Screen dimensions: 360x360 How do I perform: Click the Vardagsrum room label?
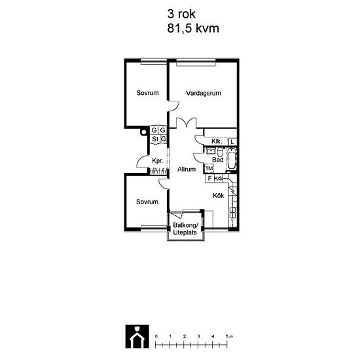coord(204,93)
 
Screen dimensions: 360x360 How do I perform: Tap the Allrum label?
coord(187,170)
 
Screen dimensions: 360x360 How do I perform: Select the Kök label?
coord(219,196)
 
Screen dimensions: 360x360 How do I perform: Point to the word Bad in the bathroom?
coord(218,160)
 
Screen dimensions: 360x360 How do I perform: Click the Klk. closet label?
coord(217,141)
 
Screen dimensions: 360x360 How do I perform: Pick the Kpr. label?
coord(158,161)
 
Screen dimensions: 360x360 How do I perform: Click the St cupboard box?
coord(155,139)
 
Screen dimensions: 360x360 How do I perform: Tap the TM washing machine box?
coord(209,168)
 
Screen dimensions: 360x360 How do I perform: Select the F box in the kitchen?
coord(209,179)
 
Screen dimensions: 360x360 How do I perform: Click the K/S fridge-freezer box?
coord(218,179)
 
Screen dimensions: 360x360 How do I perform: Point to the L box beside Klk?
coord(232,142)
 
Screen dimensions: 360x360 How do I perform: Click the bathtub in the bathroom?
coord(231,159)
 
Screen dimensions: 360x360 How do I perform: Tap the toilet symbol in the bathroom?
coord(220,152)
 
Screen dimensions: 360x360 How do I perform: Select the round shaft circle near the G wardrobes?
coord(143,132)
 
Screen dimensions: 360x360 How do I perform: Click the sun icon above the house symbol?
coord(137,329)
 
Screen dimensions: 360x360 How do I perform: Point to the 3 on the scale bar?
coord(198,336)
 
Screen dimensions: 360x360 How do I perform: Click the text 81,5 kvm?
coord(193,28)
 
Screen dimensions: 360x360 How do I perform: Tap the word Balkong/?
coord(185,225)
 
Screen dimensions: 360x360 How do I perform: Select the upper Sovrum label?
coord(148,93)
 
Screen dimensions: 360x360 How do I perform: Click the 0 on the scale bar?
coord(156,336)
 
